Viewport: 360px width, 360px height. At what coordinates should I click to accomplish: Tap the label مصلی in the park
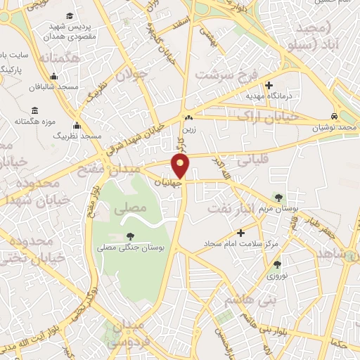[x=134, y=207]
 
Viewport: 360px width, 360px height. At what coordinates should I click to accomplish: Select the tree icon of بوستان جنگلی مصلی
[x=130, y=236]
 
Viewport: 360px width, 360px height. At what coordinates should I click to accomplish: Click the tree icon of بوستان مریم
[x=280, y=197]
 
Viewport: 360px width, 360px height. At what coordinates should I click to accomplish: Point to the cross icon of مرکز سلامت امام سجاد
[x=241, y=232]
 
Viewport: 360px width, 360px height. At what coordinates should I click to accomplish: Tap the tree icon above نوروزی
[x=277, y=264]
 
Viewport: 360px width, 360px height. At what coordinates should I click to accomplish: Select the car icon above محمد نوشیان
[x=337, y=116]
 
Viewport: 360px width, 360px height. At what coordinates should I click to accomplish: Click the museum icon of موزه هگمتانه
[x=35, y=110]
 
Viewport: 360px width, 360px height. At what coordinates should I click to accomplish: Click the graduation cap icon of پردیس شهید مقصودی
[x=70, y=15]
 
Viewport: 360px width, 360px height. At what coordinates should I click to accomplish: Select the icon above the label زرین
[x=188, y=117]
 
